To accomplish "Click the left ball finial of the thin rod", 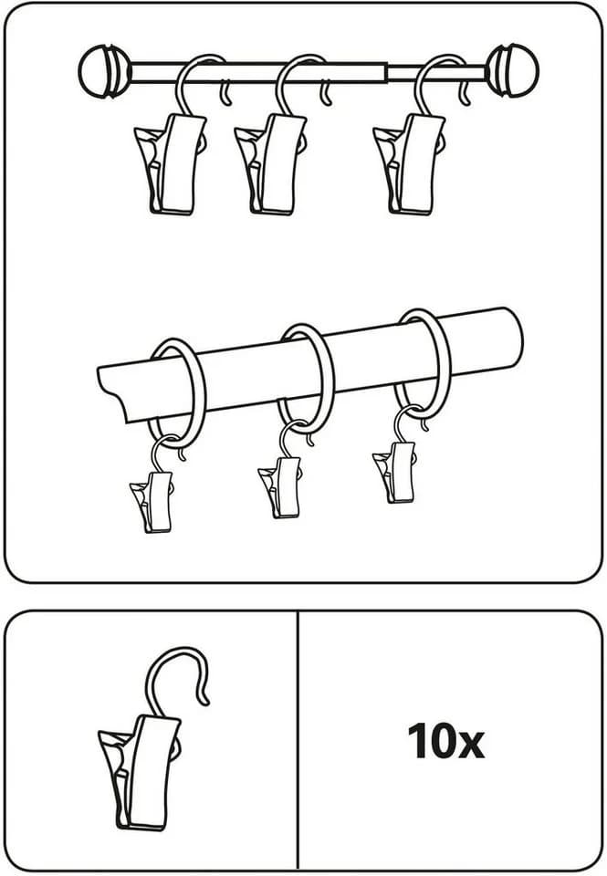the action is [104, 71].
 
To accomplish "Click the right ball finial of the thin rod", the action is [513, 70].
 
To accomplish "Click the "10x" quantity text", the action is [445, 741].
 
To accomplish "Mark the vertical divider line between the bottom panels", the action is [298, 741].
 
